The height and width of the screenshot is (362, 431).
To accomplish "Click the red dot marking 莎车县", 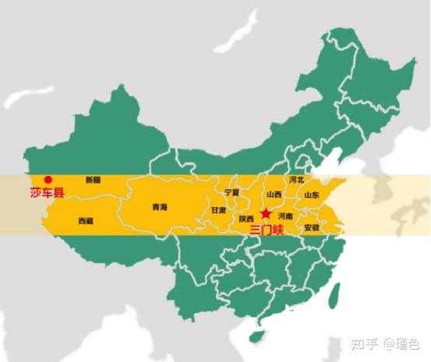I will coord(48,179).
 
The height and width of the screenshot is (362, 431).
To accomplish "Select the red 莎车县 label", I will coord(47,193).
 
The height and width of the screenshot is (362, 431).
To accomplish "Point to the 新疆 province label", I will coord(93,180).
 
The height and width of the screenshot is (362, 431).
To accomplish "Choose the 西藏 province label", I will coord(86,221).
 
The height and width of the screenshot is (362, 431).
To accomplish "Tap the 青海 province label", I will coord(159,207).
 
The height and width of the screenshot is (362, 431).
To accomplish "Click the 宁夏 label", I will coord(231,192).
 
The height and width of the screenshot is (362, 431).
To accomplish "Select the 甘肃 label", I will coord(219,210).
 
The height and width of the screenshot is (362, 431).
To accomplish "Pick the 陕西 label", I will coord(246,219).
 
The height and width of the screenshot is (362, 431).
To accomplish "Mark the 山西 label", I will coord(274,195).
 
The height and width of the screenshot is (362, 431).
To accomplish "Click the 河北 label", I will coord(296,180).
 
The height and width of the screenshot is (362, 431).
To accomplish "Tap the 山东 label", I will coord(311,195).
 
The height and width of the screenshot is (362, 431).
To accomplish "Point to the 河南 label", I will coord(286,216).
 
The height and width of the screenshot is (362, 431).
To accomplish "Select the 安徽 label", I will coord(311,228).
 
